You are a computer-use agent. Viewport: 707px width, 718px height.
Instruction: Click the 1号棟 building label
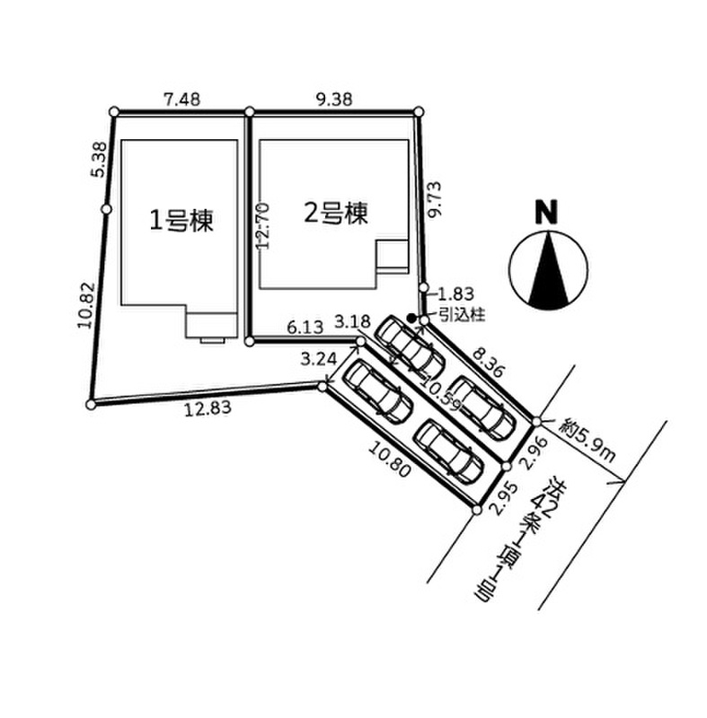click(181, 221)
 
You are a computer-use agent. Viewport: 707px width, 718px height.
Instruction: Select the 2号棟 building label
click(336, 214)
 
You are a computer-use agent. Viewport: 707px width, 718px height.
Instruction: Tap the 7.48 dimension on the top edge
click(181, 100)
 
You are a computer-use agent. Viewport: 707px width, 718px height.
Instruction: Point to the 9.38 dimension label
click(334, 100)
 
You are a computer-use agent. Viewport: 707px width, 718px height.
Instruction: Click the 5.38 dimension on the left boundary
click(99, 160)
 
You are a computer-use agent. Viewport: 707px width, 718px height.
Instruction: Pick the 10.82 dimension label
click(85, 305)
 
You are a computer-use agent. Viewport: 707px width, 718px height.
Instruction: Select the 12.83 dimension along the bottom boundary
click(208, 408)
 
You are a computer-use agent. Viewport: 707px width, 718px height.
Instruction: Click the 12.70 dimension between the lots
click(263, 226)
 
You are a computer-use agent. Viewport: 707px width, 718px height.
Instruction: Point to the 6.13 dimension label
click(305, 327)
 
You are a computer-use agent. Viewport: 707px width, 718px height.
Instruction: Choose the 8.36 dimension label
click(489, 363)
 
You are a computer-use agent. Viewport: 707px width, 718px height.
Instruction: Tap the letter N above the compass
click(547, 212)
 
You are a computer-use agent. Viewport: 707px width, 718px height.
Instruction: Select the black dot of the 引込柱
click(411, 317)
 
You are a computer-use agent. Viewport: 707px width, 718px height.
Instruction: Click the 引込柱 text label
click(462, 315)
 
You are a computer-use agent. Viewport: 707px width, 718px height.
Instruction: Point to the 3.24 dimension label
click(318, 358)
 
